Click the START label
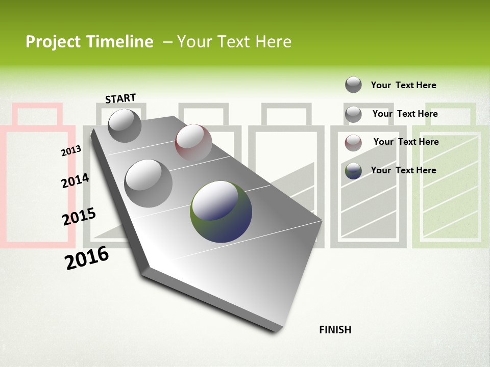[x=120, y=98]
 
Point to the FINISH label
[x=335, y=330]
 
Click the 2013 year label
[x=71, y=151]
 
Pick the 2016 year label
[x=87, y=258]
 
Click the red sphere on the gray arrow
[x=193, y=142]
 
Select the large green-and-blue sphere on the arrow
[x=221, y=211]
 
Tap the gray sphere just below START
[x=125, y=125]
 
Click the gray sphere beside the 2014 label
[x=149, y=183]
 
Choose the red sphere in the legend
[x=353, y=143]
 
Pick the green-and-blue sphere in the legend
[x=353, y=171]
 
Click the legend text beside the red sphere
[x=406, y=142]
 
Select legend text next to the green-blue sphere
[x=403, y=170]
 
